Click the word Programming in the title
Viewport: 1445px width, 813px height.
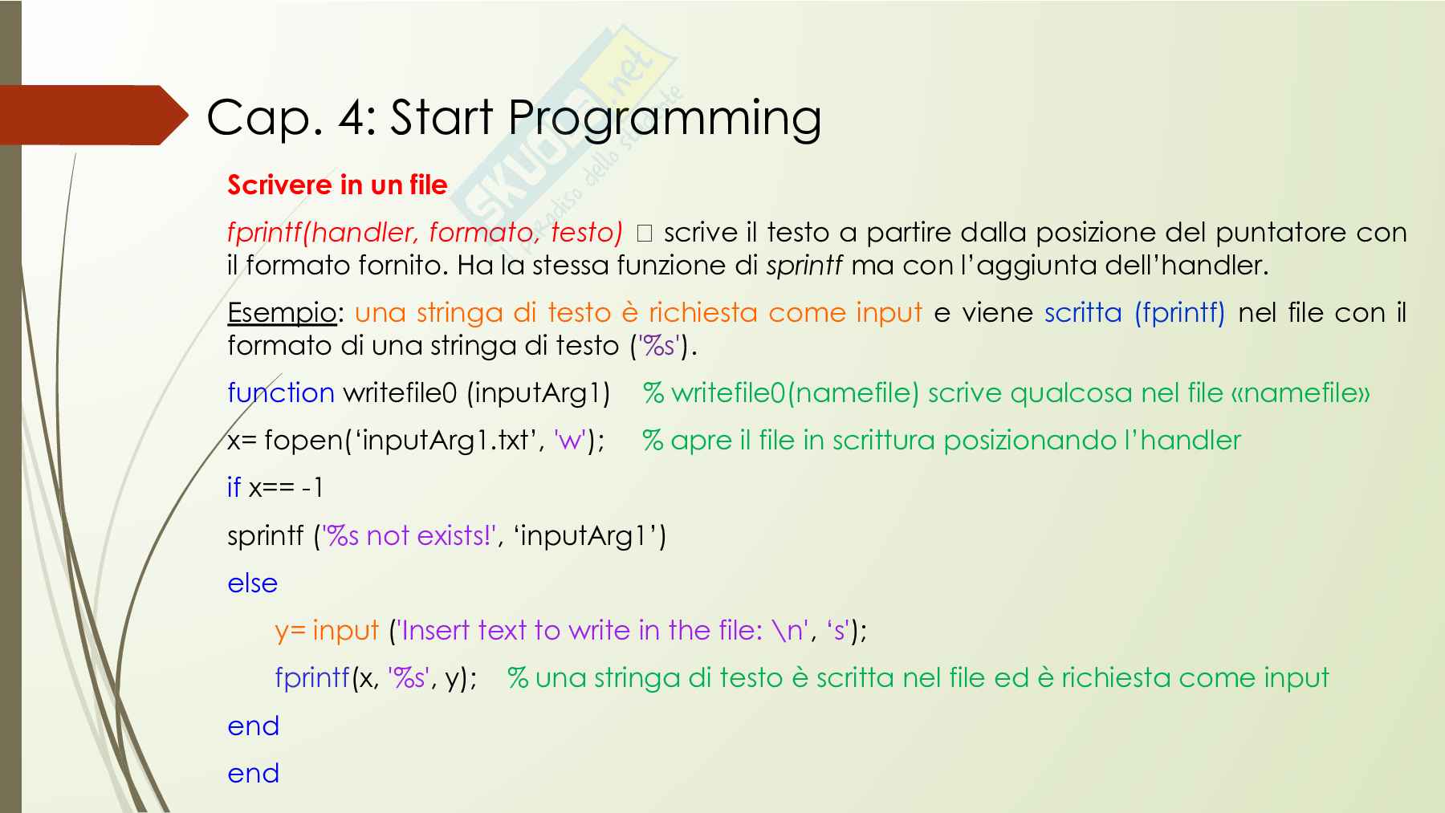(666, 120)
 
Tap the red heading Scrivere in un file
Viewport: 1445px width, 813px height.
(337, 185)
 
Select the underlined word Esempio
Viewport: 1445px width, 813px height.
(282, 312)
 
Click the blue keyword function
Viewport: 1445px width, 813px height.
(281, 392)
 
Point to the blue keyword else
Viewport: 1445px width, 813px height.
(252, 583)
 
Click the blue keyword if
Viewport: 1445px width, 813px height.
(234, 487)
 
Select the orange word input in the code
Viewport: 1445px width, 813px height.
(346, 631)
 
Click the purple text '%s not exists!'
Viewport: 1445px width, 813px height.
(409, 535)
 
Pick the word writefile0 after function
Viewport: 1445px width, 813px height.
(400, 392)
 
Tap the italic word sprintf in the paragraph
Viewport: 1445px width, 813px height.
(804, 266)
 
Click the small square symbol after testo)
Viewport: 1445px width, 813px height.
(644, 234)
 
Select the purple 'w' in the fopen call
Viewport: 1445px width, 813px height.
(569, 441)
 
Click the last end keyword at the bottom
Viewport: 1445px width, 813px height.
(253, 774)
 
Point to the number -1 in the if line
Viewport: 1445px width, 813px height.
(313, 487)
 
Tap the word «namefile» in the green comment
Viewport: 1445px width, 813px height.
(1300, 392)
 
